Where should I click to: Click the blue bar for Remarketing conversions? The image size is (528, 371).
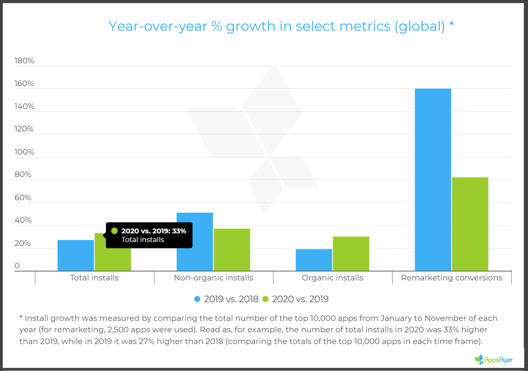coord(433,180)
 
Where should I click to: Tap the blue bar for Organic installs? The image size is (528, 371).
coord(314,260)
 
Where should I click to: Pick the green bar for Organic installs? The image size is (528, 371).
coord(351,254)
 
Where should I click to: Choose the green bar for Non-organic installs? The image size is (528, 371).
coord(232,250)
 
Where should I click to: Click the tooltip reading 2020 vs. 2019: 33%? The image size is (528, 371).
coord(149,235)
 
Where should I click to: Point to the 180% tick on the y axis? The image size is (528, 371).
coord(24,61)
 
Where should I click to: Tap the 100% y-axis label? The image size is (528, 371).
coord(24,152)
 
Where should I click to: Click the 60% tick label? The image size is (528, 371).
coord(23,198)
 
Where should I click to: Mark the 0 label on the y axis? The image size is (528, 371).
coord(17,266)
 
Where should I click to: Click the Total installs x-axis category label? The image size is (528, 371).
coord(94,278)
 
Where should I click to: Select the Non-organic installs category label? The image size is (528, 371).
coord(213,278)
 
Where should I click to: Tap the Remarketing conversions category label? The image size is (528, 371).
coord(451,278)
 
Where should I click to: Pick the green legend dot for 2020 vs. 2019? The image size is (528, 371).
coord(266,299)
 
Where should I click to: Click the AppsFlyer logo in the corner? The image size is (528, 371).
coord(493,360)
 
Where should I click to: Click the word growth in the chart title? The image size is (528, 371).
coord(250,26)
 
